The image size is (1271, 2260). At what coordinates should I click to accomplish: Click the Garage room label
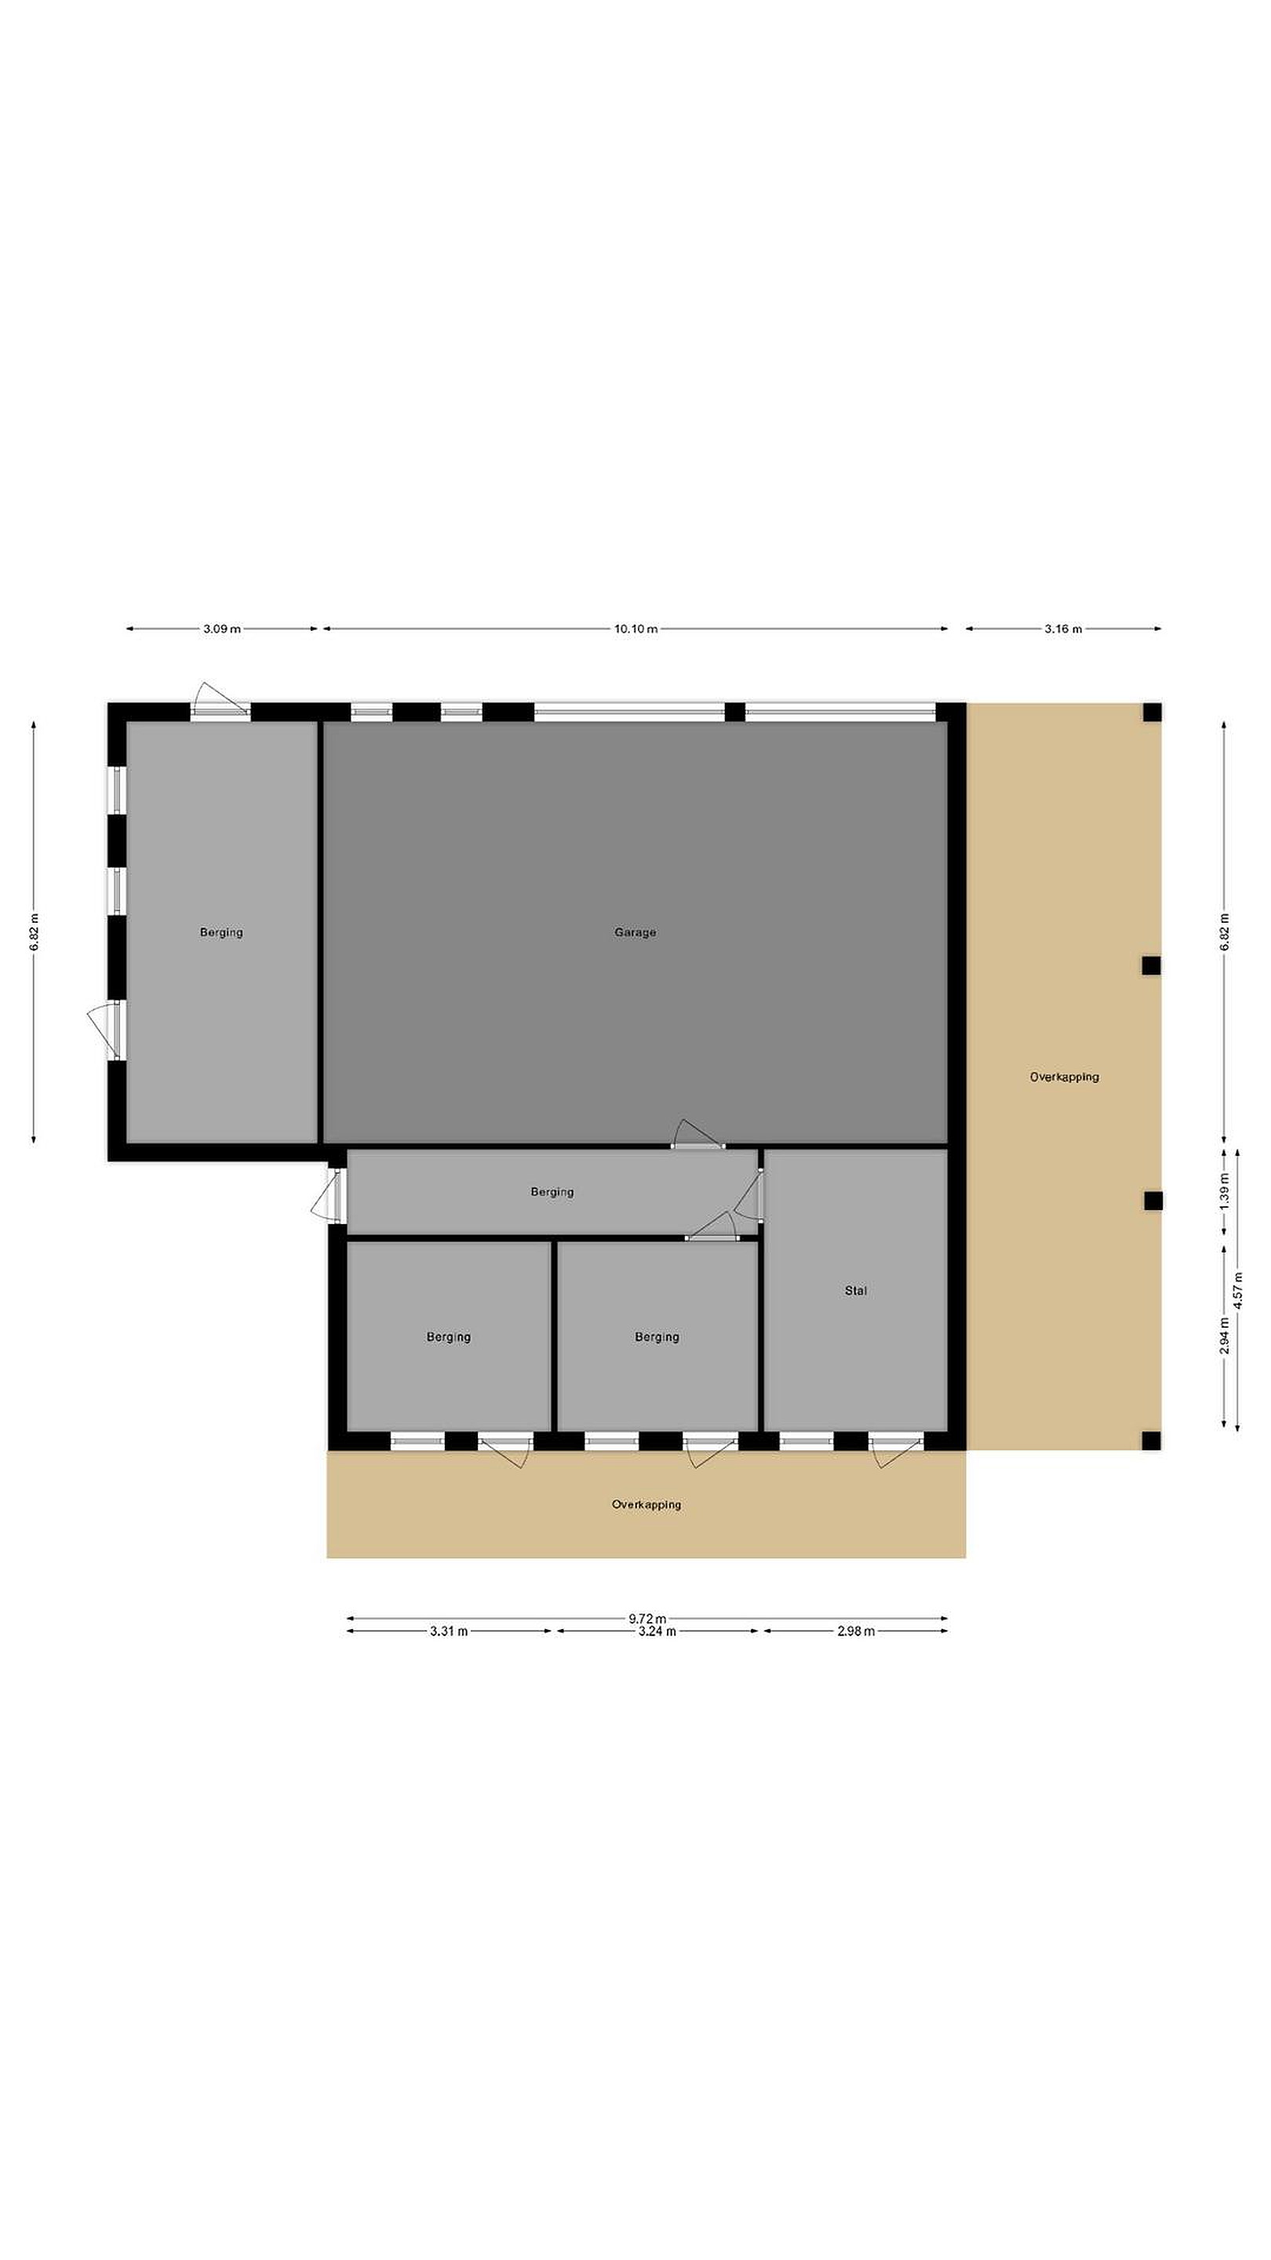pyautogui.click(x=634, y=932)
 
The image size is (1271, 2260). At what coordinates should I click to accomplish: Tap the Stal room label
pyautogui.click(x=855, y=1291)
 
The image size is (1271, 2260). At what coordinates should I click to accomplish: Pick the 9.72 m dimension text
pyautogui.click(x=647, y=1619)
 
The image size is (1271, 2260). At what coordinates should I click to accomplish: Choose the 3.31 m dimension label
pyautogui.click(x=448, y=1632)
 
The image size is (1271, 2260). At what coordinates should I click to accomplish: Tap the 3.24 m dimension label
pyautogui.click(x=657, y=1632)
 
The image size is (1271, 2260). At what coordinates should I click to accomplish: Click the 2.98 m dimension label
pyautogui.click(x=855, y=1632)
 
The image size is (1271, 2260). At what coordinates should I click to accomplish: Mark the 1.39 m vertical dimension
pyautogui.click(x=1225, y=1190)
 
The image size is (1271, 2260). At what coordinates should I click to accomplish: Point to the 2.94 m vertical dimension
pyautogui.click(x=1225, y=1336)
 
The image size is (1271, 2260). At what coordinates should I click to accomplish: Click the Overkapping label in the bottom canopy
pyautogui.click(x=646, y=1504)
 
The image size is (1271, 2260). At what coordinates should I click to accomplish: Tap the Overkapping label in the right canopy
pyautogui.click(x=1064, y=1077)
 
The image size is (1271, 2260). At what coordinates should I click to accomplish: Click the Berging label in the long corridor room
pyautogui.click(x=552, y=1191)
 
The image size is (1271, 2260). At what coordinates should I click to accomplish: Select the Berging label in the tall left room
pyautogui.click(x=221, y=932)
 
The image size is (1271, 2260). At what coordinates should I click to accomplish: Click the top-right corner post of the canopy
pyautogui.click(x=1152, y=713)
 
